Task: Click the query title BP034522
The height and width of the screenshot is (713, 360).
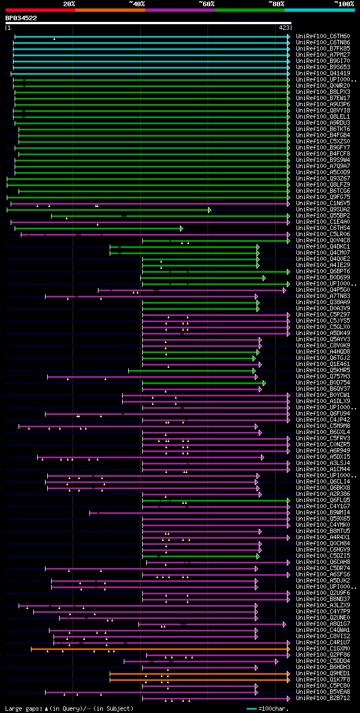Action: click(x=21, y=18)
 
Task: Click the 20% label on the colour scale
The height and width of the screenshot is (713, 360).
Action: click(x=69, y=3)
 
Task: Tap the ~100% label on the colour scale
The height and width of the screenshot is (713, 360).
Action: click(x=344, y=3)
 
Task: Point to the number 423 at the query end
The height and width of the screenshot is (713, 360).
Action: click(x=284, y=27)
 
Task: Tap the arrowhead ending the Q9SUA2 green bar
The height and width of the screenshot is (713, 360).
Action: click(x=209, y=210)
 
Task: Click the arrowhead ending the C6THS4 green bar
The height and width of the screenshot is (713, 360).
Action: click(x=181, y=228)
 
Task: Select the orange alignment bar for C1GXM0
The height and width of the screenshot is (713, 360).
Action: click(x=157, y=649)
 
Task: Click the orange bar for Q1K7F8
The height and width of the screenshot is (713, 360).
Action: click(x=197, y=680)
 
